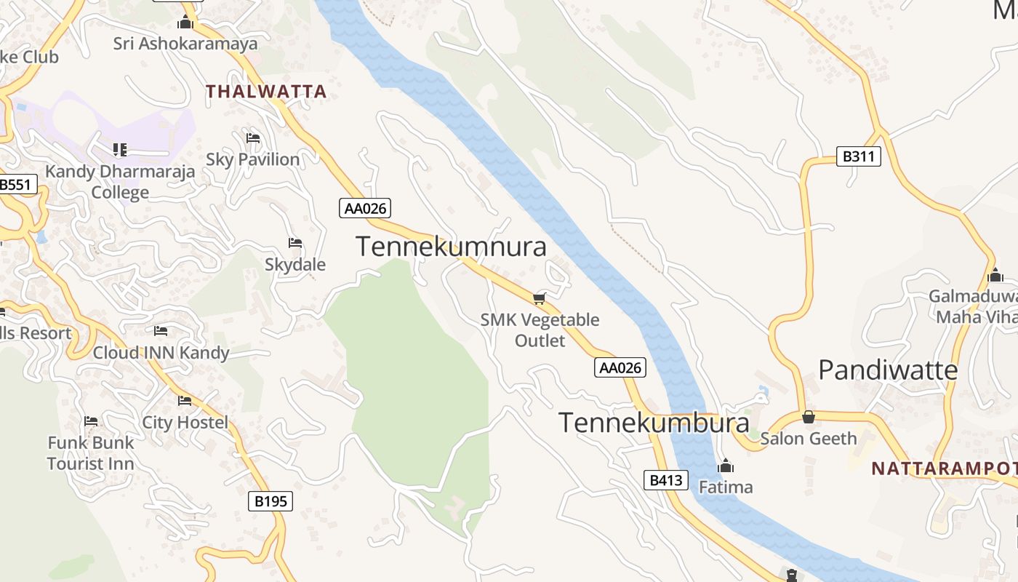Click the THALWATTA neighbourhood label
click(x=266, y=92)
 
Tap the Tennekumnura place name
click(x=451, y=247)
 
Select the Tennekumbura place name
click(x=654, y=423)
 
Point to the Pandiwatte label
click(x=888, y=370)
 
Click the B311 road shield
click(x=858, y=156)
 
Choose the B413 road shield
click(x=665, y=480)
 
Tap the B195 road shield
click(x=270, y=501)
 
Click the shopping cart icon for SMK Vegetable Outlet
click(x=540, y=298)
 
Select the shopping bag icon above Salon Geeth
click(x=808, y=417)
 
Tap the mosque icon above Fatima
click(x=725, y=466)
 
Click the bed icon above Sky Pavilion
click(x=253, y=137)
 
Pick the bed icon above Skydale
click(x=295, y=243)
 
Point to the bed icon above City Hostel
click(x=185, y=401)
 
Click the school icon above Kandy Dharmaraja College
click(x=120, y=150)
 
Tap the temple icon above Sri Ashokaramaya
click(x=185, y=23)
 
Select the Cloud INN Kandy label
click(x=161, y=353)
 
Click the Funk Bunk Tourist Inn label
click(x=91, y=453)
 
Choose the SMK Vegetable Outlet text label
click(x=540, y=330)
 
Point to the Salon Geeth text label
click(x=809, y=439)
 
